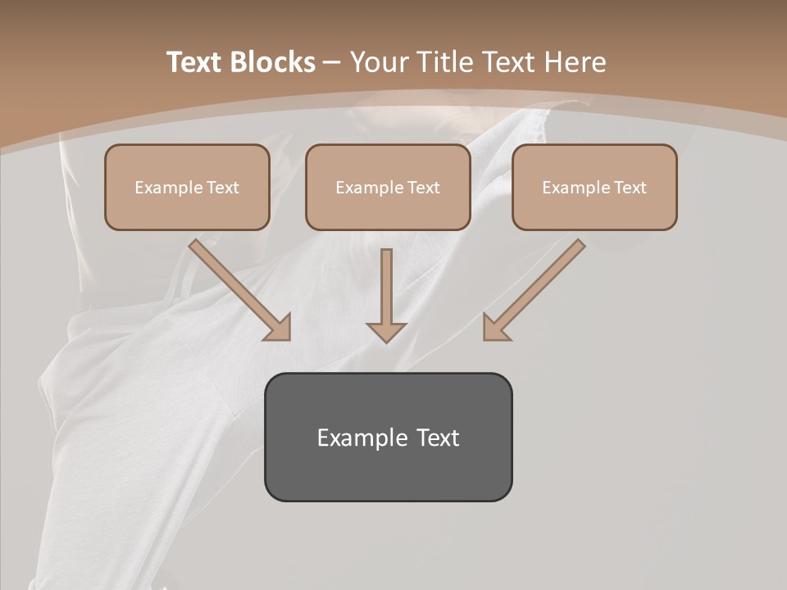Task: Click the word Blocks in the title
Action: pyautogui.click(x=273, y=62)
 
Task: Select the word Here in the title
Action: pyautogui.click(x=575, y=62)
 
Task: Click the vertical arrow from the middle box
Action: pyautogui.click(x=386, y=287)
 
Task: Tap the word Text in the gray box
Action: pyautogui.click(x=438, y=438)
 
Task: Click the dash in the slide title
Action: pyautogui.click(x=332, y=63)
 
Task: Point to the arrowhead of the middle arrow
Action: pyautogui.click(x=386, y=331)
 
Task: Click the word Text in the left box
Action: pyautogui.click(x=222, y=188)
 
